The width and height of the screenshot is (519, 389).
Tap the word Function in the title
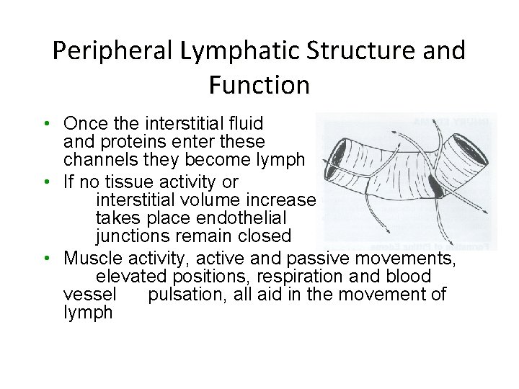tap(259, 85)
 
